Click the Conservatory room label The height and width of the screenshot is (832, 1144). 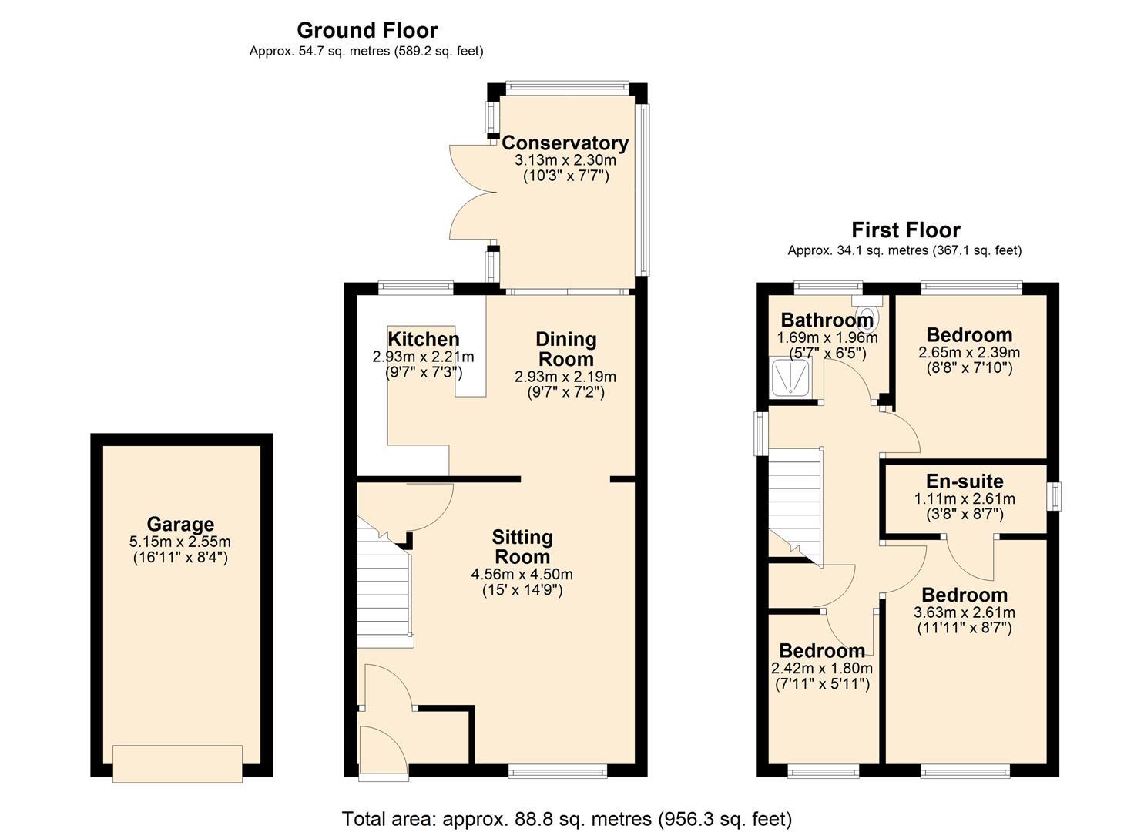click(565, 143)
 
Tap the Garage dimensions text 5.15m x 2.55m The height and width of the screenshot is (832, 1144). click(180, 542)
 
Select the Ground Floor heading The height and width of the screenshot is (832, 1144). click(367, 30)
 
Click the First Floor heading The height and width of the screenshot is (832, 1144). click(905, 230)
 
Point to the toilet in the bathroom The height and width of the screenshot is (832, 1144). click(868, 316)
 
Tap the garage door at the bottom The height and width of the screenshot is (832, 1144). click(177, 763)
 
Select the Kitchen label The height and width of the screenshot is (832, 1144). click(423, 339)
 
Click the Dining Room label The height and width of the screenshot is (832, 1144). click(565, 349)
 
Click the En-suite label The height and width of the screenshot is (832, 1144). click(965, 481)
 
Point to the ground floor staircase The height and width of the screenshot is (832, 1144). click(383, 593)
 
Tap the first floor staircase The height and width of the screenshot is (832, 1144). click(796, 501)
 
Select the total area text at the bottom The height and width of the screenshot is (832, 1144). click(566, 818)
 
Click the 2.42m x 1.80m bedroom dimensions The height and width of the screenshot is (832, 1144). click(822, 669)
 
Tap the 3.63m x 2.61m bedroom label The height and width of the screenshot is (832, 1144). click(965, 595)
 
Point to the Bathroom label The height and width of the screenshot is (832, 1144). click(827, 320)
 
